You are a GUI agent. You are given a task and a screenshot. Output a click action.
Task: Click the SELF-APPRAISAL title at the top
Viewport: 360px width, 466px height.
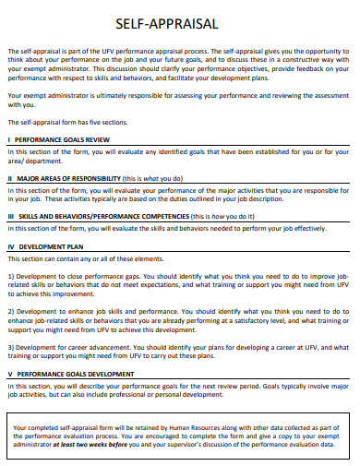(179, 24)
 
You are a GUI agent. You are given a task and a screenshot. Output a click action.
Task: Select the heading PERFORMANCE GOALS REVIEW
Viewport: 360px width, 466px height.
(66, 138)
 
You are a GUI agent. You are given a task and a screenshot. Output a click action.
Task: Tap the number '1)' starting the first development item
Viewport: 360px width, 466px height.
(12, 276)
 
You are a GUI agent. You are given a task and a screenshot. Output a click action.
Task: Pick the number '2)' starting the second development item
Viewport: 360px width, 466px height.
(12, 312)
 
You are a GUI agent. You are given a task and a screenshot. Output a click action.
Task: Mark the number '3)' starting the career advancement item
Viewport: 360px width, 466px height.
(12, 347)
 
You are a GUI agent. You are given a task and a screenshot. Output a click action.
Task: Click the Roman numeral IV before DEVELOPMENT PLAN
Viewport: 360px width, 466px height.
(12, 247)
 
